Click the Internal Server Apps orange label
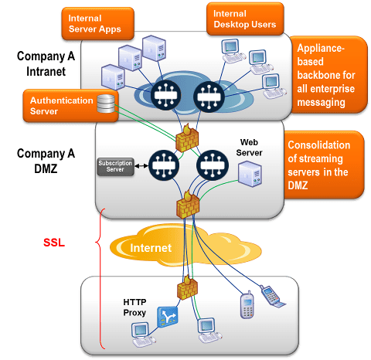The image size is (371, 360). click(x=94, y=24)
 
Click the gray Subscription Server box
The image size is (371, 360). click(x=114, y=166)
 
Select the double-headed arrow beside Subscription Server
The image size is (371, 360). click(x=141, y=166)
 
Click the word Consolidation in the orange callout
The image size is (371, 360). click(x=320, y=146)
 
